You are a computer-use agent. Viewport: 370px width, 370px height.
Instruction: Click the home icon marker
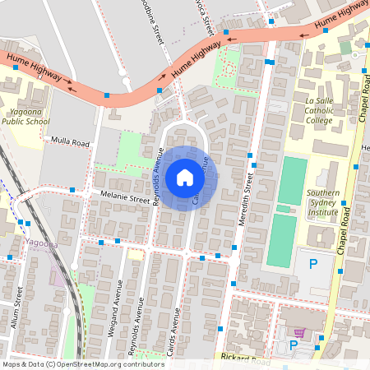tap(185, 178)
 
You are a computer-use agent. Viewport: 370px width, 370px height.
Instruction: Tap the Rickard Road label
tap(245, 358)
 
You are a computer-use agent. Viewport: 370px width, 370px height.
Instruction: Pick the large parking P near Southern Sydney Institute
tap(312, 265)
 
